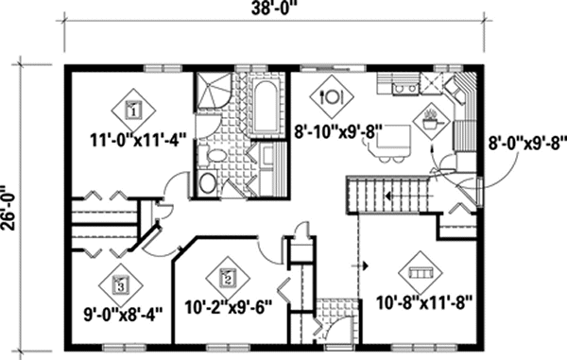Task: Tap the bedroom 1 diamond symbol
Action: tap(133, 109)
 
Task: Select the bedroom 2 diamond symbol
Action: tap(227, 277)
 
